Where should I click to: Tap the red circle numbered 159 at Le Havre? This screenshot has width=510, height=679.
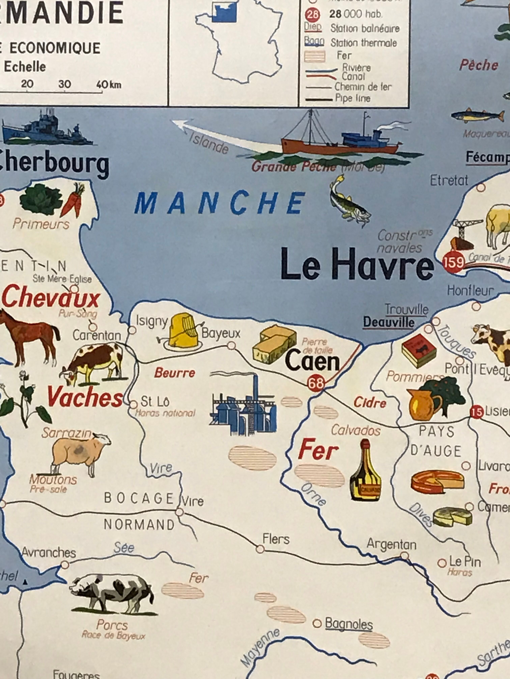pos(453,262)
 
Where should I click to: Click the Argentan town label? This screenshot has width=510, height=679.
pos(391,544)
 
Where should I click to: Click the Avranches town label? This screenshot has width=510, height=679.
pos(49,553)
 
